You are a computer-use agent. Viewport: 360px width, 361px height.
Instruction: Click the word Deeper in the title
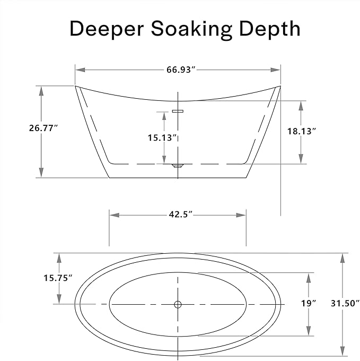pos(107,29)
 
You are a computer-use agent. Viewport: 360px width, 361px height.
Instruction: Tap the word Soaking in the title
pos(191,29)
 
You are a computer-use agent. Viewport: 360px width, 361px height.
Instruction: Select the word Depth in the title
pos(270,29)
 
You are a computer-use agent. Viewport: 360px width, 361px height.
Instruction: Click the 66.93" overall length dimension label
pos(181,70)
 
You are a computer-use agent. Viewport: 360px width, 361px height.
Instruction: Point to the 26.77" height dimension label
pos(43,128)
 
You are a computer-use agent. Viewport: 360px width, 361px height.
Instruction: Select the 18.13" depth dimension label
pos(302,131)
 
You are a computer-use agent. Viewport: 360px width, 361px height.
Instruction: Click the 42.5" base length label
pos(180,214)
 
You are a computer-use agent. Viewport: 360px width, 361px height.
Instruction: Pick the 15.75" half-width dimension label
pos(58,278)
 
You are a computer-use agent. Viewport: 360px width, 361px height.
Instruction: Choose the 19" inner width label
pos(309,304)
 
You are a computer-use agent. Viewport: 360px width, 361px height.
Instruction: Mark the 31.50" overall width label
pos(345,304)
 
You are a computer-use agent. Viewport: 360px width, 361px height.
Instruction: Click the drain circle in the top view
pos(178,304)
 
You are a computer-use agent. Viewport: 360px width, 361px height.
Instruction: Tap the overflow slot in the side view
pos(178,111)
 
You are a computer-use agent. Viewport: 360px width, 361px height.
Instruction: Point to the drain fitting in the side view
pos(178,165)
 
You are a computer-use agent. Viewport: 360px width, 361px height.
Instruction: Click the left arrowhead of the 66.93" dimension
pos(81,70)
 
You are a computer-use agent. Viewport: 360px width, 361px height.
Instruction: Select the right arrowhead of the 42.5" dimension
pos(241,215)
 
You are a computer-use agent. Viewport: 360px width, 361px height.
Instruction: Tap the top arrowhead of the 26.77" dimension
pos(41,91)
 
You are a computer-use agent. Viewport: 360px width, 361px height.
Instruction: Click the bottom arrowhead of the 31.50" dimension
pos(343,351)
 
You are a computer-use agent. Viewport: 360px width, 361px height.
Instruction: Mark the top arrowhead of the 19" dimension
pos(309,278)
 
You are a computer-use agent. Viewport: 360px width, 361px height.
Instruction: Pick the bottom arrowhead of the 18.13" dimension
pos(301,159)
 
